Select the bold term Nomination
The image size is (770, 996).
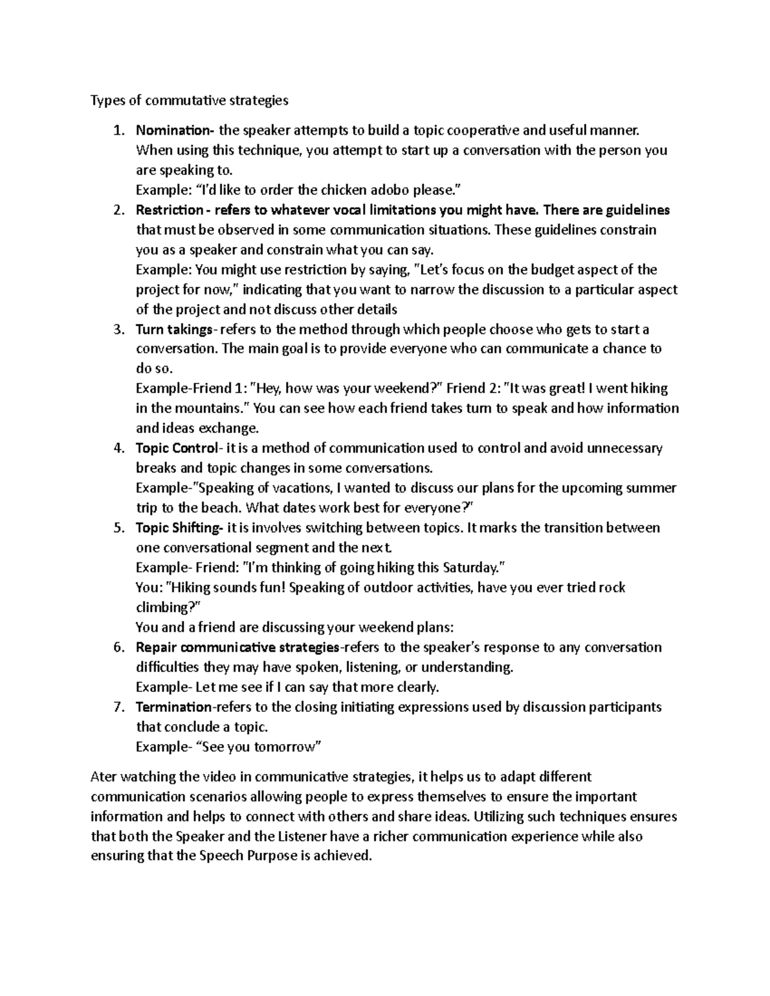173,130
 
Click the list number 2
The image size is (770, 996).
117,210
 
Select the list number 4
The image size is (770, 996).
117,448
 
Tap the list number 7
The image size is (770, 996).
117,707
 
